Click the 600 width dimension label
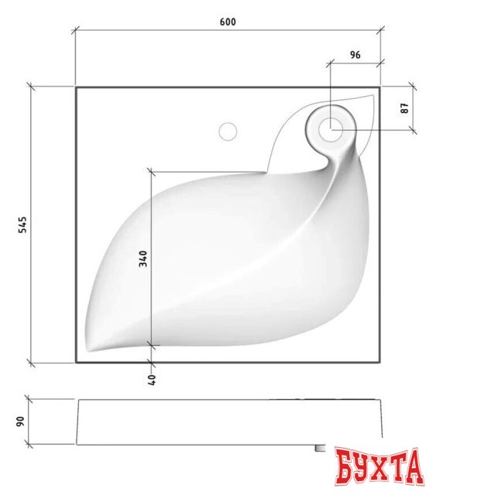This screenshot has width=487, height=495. (x=227, y=22)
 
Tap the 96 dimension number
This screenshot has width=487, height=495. (x=355, y=55)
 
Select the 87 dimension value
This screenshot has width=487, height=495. (x=405, y=108)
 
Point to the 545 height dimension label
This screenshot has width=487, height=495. (x=22, y=224)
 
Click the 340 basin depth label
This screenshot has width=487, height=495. (x=143, y=258)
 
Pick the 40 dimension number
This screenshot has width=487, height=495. (x=152, y=380)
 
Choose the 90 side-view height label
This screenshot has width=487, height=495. (x=20, y=422)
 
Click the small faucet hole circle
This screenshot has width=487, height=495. (x=228, y=131)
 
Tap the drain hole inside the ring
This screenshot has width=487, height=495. (x=330, y=129)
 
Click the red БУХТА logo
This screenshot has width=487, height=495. (x=379, y=466)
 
